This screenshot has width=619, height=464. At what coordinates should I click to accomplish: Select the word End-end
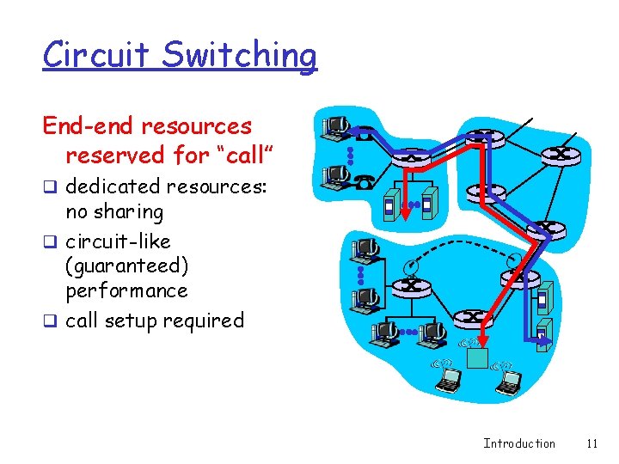pyautogui.click(x=88, y=127)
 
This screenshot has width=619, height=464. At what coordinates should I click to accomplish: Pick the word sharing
pyautogui.click(x=128, y=211)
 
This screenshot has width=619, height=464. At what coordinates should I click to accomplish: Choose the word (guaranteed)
pyautogui.click(x=126, y=266)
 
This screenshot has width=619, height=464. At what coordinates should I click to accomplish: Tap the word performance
pyautogui.click(x=126, y=290)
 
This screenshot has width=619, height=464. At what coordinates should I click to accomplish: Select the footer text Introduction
pyautogui.click(x=519, y=443)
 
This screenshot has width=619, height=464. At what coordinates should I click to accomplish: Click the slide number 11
pyautogui.click(x=591, y=443)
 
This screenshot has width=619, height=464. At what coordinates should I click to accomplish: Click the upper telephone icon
pyautogui.click(x=364, y=134)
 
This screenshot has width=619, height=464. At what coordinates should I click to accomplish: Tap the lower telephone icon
pyautogui.click(x=365, y=180)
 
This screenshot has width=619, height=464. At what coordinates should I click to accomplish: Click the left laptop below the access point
pyautogui.click(x=449, y=379)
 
